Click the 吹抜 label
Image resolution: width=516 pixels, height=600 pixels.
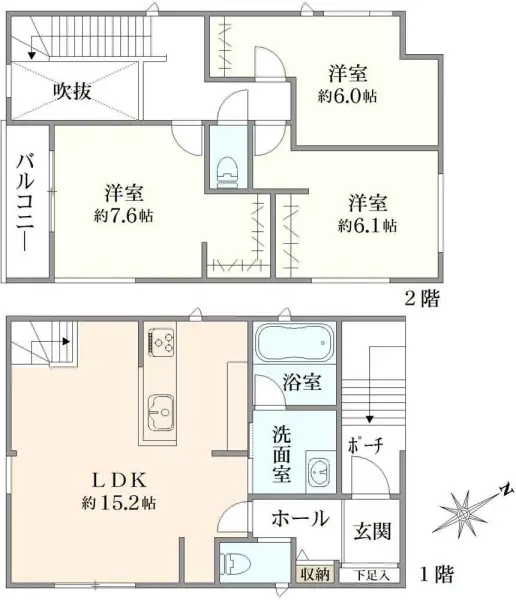pyautogui.click(x=72, y=92)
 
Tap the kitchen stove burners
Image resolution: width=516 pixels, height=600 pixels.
pyautogui.click(x=160, y=342)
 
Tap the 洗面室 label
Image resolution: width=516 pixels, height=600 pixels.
pyautogui.click(x=282, y=453)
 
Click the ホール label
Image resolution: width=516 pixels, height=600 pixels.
pyautogui.click(x=300, y=518)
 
